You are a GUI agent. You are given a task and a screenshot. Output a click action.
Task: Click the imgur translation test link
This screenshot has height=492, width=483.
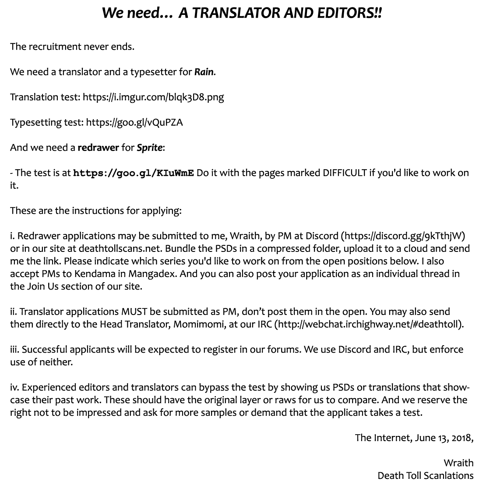pyautogui.click(x=153, y=97)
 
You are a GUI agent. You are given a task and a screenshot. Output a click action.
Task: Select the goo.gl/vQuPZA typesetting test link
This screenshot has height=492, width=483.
pyautogui.click(x=134, y=122)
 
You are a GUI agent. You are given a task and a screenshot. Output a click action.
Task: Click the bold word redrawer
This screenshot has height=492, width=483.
pyautogui.click(x=98, y=148)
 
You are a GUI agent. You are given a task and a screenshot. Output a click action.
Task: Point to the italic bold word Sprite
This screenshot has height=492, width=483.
pyautogui.click(x=149, y=148)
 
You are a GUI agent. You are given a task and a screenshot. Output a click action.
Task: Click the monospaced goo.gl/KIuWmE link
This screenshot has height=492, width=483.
pyautogui.click(x=134, y=173)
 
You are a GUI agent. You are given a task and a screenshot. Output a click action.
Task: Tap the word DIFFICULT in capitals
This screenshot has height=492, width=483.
pyautogui.click(x=345, y=173)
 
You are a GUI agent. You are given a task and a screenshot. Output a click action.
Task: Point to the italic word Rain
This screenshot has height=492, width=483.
pyautogui.click(x=204, y=72)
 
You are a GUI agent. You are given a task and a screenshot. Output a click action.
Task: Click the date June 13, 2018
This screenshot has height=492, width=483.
pyautogui.click(x=443, y=438)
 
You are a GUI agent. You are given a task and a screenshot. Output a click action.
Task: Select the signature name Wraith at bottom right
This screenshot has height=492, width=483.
pyautogui.click(x=458, y=463)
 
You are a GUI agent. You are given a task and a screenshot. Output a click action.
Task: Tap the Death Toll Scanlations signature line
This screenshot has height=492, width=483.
pyautogui.click(x=425, y=476)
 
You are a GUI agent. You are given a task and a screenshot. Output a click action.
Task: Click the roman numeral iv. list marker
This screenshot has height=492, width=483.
pyautogui.click(x=14, y=388)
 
